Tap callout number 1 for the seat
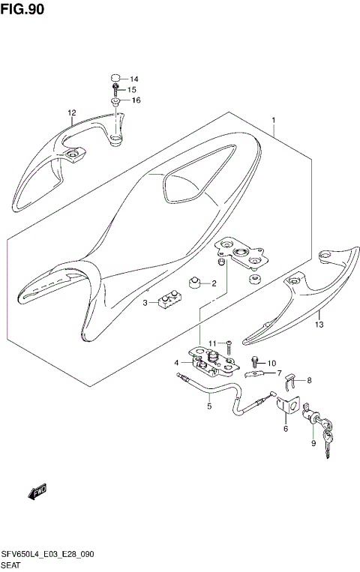274,120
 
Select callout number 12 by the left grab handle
71,113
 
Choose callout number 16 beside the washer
136,100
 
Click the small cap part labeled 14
116,77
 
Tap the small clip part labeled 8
293,385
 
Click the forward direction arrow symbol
37,492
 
